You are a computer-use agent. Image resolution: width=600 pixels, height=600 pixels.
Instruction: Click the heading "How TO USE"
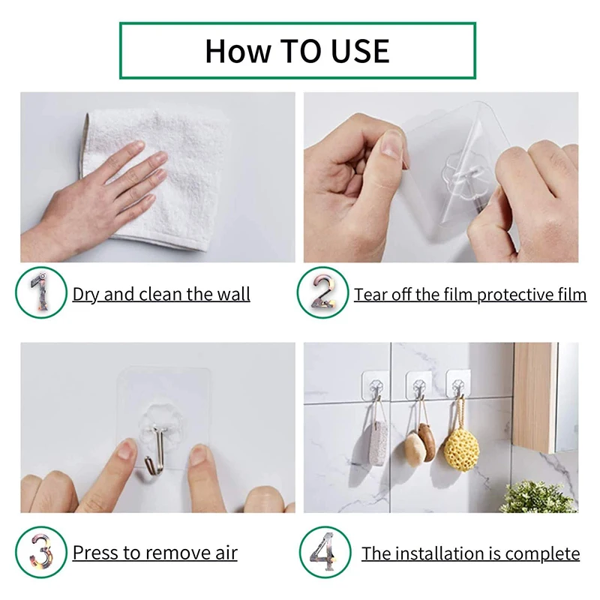coord(297,50)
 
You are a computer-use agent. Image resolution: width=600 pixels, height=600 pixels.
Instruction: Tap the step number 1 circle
coord(38,293)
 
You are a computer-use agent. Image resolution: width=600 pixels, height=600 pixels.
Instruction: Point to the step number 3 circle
coord(38,553)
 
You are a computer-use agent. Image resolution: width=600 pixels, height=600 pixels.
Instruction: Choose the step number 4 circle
coord(325,553)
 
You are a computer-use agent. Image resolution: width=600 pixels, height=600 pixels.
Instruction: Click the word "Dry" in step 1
coord(86,294)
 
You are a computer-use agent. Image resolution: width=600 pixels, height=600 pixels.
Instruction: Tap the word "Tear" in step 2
coord(372,294)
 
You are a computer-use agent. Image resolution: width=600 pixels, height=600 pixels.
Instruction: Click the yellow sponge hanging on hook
coord(461,448)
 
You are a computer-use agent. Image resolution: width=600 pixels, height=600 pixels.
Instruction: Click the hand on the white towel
coord(105,187)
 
